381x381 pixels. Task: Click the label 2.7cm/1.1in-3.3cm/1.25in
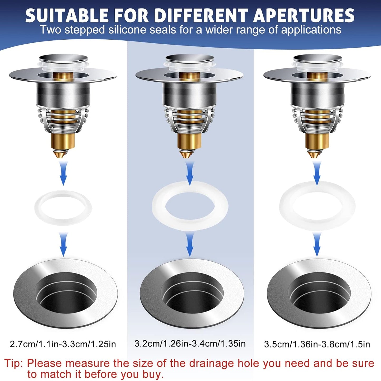pos(63,344)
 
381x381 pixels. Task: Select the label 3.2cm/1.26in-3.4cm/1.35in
pos(190,343)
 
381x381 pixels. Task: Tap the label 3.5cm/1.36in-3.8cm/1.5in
pos(317,344)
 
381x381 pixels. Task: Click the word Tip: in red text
pos(13,363)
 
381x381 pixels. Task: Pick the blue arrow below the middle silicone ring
pos(190,244)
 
